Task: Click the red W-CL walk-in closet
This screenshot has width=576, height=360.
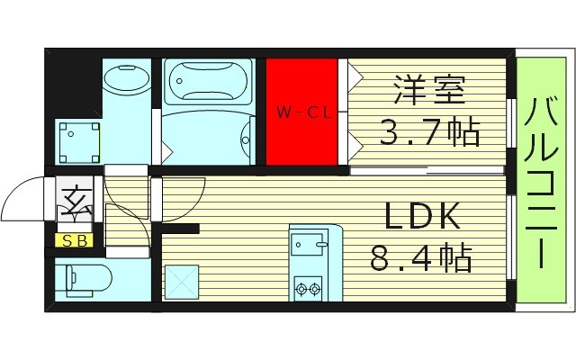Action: pos(301,112)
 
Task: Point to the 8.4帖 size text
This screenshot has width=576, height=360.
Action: pos(421,260)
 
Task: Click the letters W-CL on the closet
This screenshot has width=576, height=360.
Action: pos(301,113)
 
